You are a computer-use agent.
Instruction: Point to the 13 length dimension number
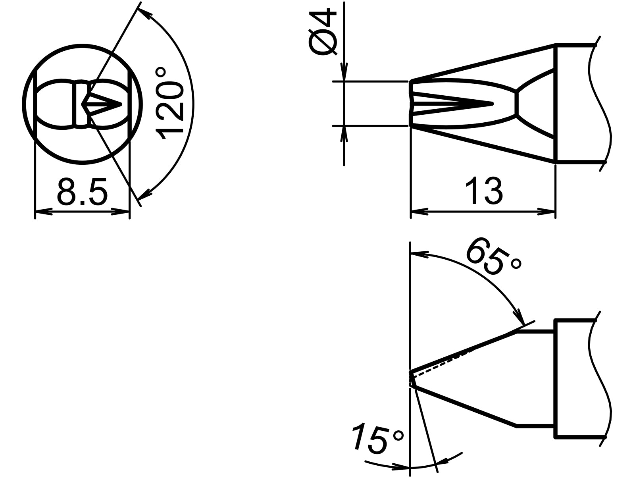tap(483, 191)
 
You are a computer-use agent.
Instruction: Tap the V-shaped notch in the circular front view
tap(104, 104)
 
